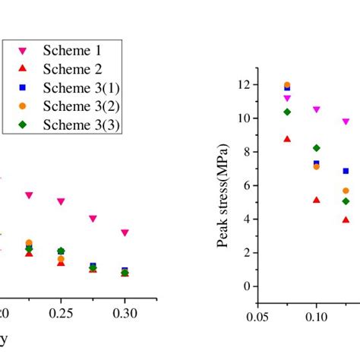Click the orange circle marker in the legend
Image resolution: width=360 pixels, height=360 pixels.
[x=23, y=106]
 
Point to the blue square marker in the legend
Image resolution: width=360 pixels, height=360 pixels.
[x=23, y=87]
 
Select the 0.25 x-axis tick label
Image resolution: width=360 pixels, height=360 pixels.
[x=61, y=313]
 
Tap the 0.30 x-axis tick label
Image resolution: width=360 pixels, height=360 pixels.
[x=125, y=313]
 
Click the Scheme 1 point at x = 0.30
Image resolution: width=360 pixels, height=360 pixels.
[x=125, y=233]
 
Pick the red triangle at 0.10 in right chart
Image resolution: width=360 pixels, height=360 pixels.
[x=316, y=201]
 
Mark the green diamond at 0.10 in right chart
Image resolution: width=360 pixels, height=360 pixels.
[x=316, y=148]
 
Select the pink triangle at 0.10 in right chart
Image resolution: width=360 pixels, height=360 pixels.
[x=316, y=109]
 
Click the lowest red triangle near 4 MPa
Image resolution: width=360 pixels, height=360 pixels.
[x=346, y=220]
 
